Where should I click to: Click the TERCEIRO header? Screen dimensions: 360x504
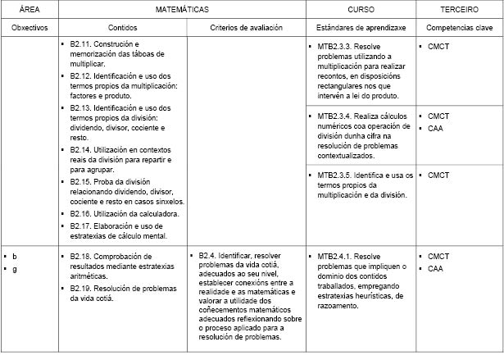tap(457, 9)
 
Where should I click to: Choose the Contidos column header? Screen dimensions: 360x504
tap(121, 28)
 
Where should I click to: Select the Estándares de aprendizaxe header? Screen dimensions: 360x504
tap(360, 28)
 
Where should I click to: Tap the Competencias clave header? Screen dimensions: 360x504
tap(457, 28)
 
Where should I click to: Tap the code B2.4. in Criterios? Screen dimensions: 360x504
tap(209, 256)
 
